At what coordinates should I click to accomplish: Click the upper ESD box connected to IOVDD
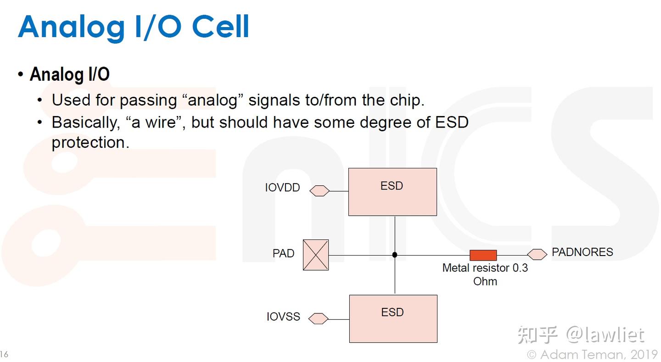[x=392, y=192]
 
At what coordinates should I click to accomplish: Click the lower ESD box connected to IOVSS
[x=393, y=318]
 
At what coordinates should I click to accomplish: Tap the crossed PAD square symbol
[x=316, y=255]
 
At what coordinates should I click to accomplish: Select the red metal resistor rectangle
[x=483, y=255]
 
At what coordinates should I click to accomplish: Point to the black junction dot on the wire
[x=395, y=255]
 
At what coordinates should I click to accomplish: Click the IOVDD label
[x=282, y=188]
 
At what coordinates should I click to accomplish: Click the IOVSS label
[x=283, y=317]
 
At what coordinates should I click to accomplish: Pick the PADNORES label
[x=582, y=252]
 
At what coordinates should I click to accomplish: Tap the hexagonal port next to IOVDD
[x=319, y=190]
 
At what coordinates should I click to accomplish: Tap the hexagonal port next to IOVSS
[x=319, y=318]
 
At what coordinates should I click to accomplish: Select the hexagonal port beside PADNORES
[x=537, y=254]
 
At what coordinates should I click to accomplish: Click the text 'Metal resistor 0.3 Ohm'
[x=485, y=274]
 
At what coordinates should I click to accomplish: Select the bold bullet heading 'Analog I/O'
[x=69, y=74]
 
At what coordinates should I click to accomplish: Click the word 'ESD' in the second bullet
[x=451, y=123]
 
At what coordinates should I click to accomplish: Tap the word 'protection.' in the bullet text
[x=90, y=143]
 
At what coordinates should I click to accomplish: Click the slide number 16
[x=4, y=354]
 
